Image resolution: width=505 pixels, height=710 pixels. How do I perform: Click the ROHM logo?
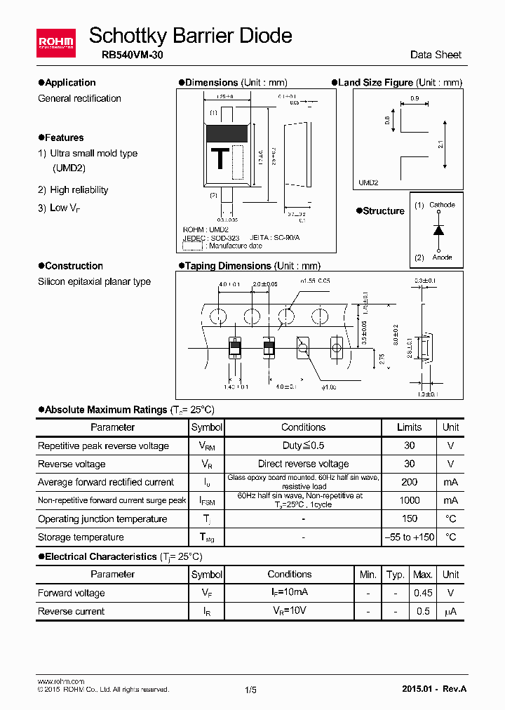(x=55, y=43)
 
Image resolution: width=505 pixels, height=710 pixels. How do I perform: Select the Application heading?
(x=67, y=83)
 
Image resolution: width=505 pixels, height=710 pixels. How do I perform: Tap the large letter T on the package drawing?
(x=220, y=159)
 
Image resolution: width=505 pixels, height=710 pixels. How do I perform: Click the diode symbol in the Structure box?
(x=438, y=231)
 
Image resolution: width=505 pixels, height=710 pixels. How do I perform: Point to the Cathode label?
(x=442, y=205)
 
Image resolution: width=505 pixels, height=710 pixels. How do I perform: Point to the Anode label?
(x=442, y=257)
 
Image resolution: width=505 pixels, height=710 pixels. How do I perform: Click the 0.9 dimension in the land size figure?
(x=414, y=99)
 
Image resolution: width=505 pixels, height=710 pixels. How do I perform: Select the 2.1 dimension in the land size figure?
(x=440, y=145)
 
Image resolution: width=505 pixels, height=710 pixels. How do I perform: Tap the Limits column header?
(x=409, y=427)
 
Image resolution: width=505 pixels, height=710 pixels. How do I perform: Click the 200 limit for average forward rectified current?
(x=409, y=482)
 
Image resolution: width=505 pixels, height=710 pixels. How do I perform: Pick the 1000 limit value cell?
(x=409, y=500)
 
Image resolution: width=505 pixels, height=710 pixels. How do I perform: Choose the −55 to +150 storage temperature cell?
(x=409, y=537)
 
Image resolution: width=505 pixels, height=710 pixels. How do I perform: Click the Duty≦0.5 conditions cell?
(x=303, y=446)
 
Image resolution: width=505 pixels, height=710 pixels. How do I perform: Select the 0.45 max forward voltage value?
(x=422, y=593)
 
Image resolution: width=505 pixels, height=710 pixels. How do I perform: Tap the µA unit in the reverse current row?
(x=450, y=612)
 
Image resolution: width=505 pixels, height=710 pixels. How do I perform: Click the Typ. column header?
(x=396, y=575)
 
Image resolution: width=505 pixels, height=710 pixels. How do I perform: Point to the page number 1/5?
(x=251, y=690)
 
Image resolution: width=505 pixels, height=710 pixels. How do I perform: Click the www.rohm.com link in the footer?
(x=60, y=681)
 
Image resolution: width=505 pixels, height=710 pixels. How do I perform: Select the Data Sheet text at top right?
(x=436, y=55)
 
